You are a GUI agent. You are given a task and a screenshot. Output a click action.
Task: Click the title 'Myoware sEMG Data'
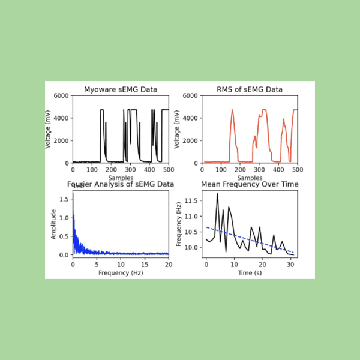pos(121,90)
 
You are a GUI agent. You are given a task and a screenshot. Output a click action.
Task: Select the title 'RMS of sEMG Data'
pos(249,90)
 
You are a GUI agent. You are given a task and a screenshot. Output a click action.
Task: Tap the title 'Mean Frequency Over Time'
pos(249,184)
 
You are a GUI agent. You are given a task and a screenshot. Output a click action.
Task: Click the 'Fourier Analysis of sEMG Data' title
pos(121,184)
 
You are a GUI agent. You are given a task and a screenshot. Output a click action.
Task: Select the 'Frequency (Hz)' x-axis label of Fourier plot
pos(121,273)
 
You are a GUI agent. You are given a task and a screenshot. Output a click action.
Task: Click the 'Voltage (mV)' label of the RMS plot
pos(178,129)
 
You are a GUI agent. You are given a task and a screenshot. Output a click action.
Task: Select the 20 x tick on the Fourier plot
pos(168,265)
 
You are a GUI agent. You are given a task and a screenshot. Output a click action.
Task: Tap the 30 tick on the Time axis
pos(290,265)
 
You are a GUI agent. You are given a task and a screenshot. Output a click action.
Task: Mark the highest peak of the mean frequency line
pos(217,193)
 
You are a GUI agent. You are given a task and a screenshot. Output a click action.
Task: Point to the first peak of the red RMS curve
pos(232,110)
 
